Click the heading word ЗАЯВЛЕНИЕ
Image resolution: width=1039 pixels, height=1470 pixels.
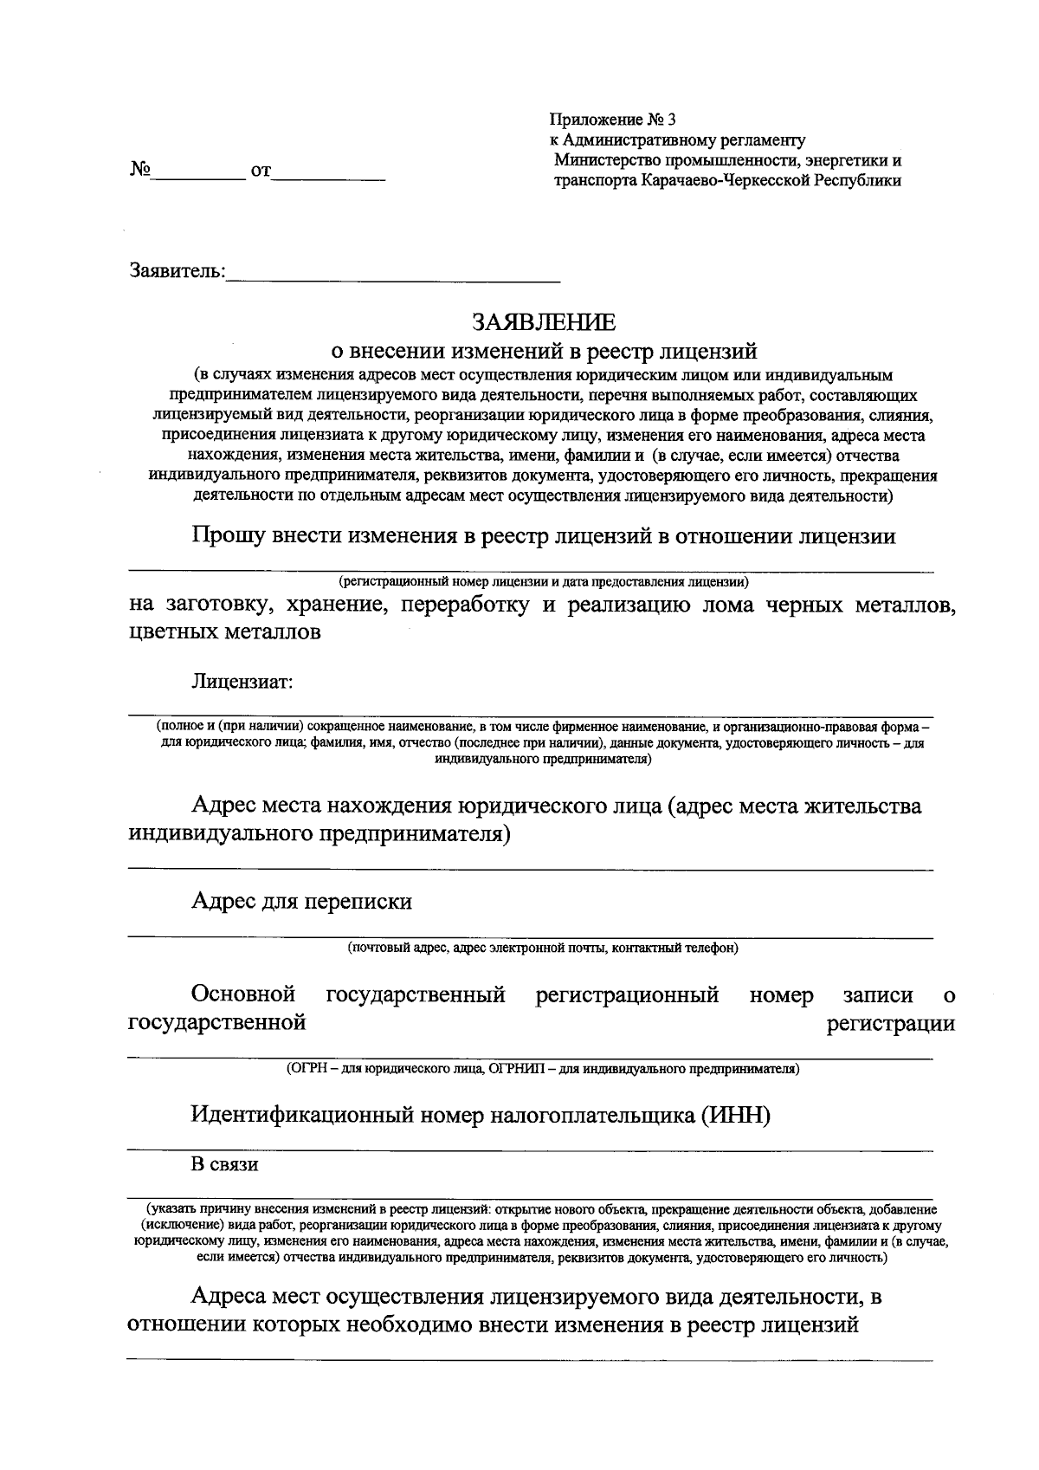544,322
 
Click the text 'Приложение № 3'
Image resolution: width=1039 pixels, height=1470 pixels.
611,120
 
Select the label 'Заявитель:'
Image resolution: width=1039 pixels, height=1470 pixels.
177,271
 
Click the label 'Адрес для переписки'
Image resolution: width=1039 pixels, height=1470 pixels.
301,901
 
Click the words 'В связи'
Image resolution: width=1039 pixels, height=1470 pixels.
224,1164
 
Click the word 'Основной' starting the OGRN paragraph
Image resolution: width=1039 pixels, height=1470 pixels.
243,994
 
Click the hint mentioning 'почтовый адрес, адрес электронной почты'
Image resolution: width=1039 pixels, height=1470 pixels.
543,948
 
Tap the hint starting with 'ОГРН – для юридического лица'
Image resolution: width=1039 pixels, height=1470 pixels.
543,1069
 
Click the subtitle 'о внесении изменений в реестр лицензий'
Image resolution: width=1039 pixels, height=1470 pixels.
545,351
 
